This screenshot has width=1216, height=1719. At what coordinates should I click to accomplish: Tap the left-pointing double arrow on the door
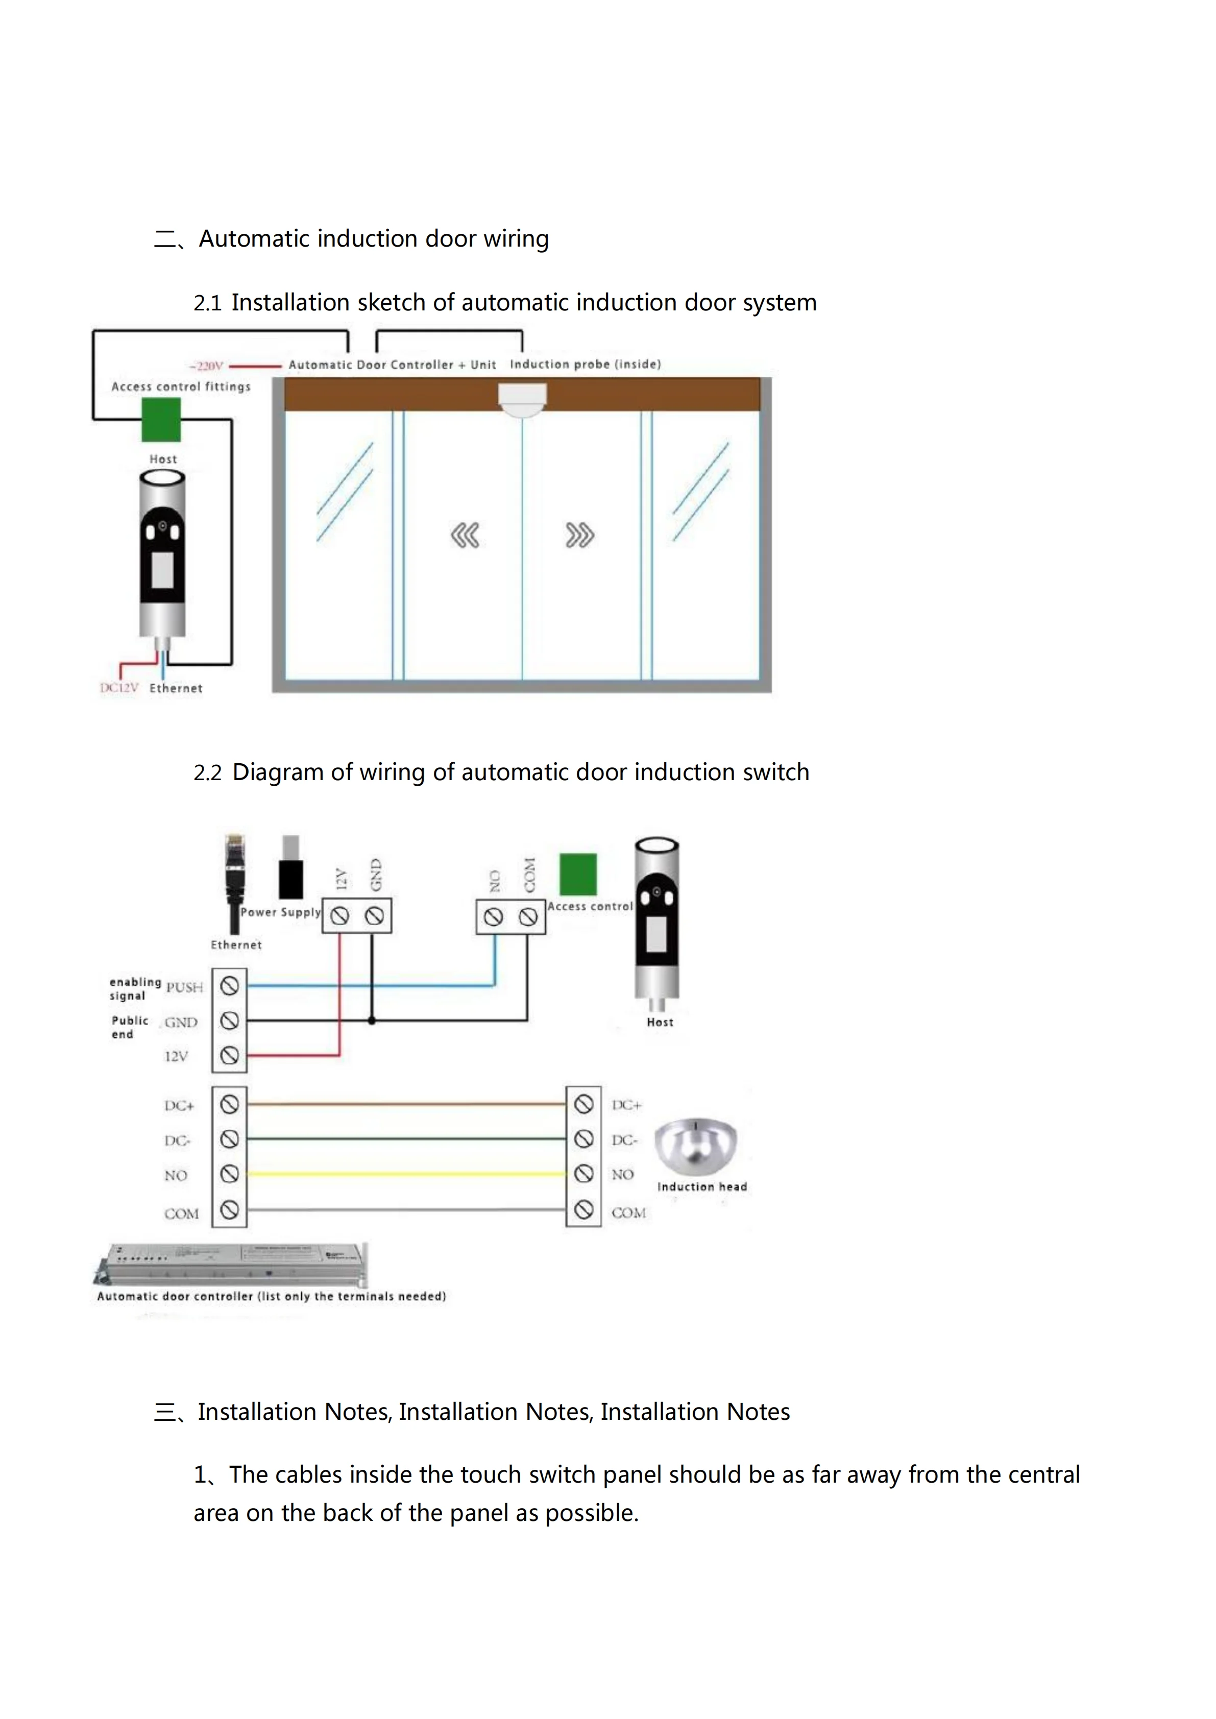coord(465,536)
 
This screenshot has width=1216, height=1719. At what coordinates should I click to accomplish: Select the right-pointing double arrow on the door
coord(579,536)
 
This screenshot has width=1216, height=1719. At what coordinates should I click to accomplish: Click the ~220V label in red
coord(207,366)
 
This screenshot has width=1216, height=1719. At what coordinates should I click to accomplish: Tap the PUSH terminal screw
coord(230,986)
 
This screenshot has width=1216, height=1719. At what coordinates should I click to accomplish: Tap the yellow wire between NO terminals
coord(406,1174)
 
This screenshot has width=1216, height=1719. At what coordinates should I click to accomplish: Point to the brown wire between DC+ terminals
coord(406,1104)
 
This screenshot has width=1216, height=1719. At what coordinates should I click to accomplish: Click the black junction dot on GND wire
coord(372,1021)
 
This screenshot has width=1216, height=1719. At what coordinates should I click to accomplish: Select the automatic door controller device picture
coord(232,1265)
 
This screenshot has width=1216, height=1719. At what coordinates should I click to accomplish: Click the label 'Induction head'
coord(701,1187)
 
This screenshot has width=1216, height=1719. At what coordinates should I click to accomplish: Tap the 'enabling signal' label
coord(135,988)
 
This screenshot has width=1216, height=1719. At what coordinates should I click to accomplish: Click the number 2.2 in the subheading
coord(207,772)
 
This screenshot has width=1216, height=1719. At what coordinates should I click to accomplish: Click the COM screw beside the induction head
coord(584,1210)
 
